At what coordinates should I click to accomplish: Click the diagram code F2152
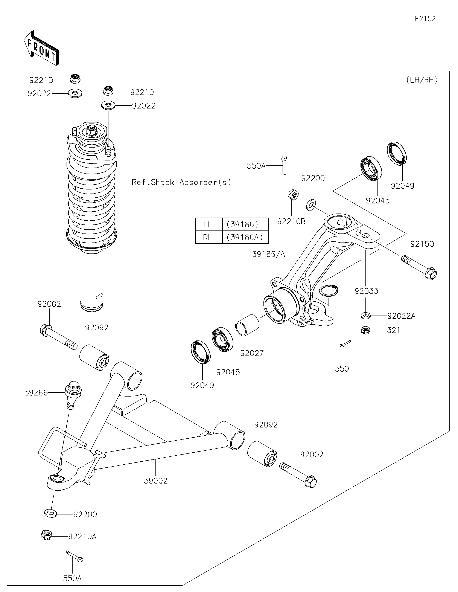tap(425, 19)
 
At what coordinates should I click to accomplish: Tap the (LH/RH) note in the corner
tap(422, 80)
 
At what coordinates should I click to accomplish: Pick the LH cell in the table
tap(209, 224)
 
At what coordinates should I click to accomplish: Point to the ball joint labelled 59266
tap(73, 395)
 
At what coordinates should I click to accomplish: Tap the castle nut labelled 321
tap(366, 330)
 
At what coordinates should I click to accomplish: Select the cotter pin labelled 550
tap(345, 343)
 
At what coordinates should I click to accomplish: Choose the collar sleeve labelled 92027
tap(247, 325)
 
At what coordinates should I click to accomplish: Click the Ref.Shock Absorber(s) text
tap(182, 182)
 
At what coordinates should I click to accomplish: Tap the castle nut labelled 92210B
tap(293, 195)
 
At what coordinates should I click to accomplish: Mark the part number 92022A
tap(401, 316)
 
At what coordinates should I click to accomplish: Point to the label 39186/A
tap(269, 254)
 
